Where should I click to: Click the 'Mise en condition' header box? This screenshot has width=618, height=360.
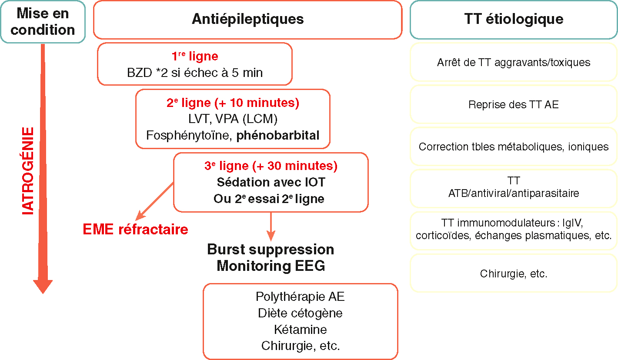[43, 21]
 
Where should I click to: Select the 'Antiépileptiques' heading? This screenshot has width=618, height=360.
[247, 19]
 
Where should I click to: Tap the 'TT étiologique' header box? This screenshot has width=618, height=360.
[513, 19]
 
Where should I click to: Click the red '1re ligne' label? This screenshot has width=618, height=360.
[195, 56]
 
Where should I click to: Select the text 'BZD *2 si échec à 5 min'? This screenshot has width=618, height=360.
[195, 72]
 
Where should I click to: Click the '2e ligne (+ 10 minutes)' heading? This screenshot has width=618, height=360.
[233, 103]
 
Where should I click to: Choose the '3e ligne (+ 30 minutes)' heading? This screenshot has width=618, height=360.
[271, 166]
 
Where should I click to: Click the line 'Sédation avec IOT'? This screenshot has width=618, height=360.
[271, 182]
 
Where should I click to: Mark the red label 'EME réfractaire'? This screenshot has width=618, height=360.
[135, 229]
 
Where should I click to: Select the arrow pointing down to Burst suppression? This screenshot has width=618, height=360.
[271, 226]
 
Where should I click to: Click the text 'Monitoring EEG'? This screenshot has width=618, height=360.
[271, 266]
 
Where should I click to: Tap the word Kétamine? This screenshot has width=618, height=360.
[300, 329]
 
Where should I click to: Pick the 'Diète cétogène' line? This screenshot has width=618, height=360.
[300, 313]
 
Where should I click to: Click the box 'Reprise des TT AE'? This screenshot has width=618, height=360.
[513, 104]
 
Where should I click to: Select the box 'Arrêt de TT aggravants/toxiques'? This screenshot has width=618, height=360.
[513, 62]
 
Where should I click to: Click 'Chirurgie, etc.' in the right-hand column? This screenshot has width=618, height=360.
[513, 273]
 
